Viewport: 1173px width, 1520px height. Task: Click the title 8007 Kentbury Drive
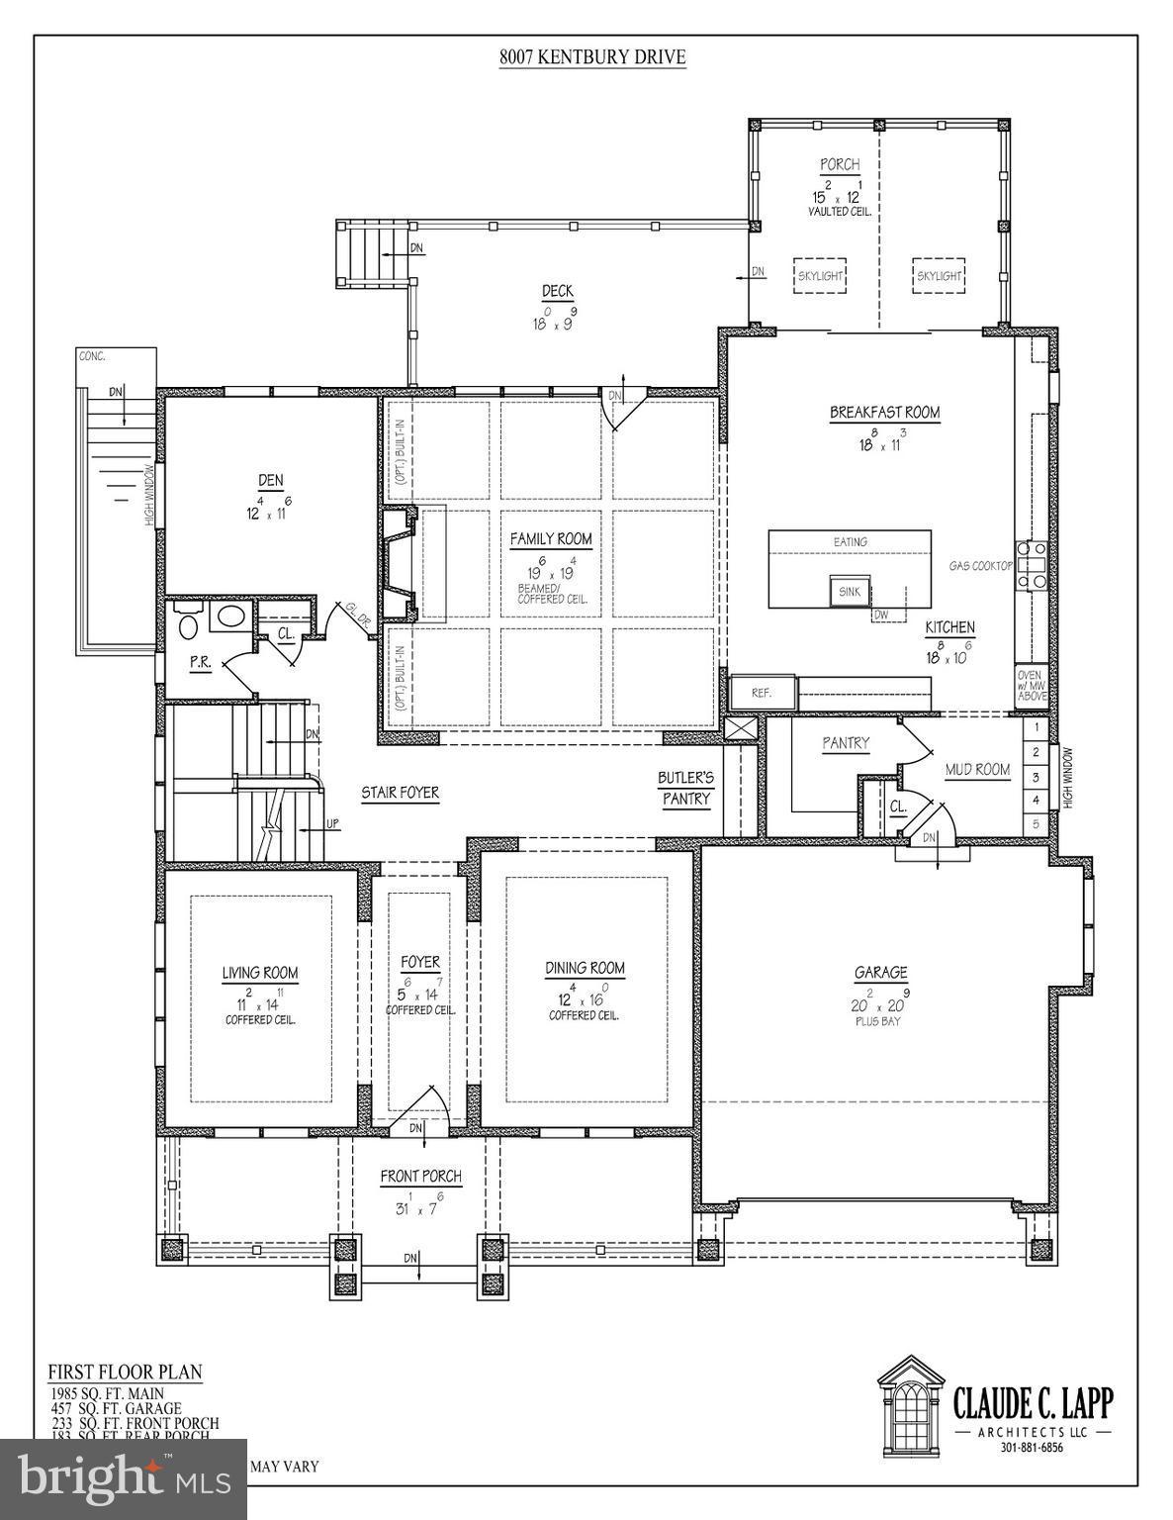tap(591, 57)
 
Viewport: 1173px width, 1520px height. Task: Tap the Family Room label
tap(551, 539)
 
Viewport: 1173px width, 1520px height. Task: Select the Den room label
tap(270, 481)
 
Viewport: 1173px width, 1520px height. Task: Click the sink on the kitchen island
tap(850, 592)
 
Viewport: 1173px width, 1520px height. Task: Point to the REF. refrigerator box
tap(763, 693)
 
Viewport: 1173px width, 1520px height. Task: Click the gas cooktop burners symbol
tap(1034, 567)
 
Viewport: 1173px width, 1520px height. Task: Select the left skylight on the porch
tap(820, 276)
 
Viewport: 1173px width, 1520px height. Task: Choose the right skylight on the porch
tap(938, 276)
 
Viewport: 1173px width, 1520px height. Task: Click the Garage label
tap(880, 973)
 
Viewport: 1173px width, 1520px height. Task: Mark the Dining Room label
tap(585, 968)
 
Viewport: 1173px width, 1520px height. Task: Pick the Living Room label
tap(260, 973)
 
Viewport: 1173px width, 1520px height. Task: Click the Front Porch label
tap(421, 1176)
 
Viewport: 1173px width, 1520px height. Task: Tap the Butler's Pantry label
tap(686, 788)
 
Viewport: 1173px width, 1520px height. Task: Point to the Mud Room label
tap(977, 769)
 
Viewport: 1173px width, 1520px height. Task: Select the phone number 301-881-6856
tap(1031, 1447)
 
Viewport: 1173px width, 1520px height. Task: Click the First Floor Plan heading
tap(125, 1372)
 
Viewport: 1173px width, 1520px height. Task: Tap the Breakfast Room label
tap(884, 413)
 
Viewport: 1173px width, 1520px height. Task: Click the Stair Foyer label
tap(400, 793)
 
